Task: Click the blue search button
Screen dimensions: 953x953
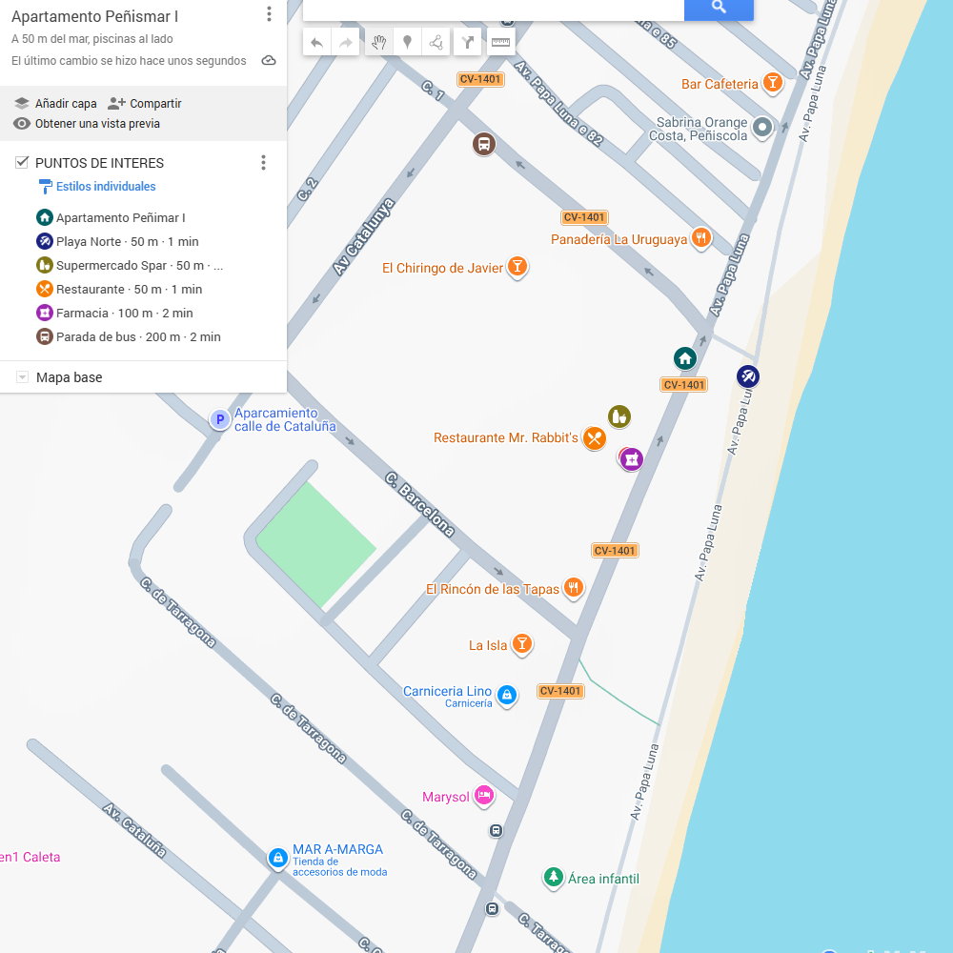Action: click(x=719, y=8)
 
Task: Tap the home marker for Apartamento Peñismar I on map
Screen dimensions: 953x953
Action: click(x=684, y=358)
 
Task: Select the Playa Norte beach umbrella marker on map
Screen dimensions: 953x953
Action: click(x=748, y=376)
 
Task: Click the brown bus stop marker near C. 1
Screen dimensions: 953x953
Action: click(x=484, y=145)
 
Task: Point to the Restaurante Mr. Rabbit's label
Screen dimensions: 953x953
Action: click(x=506, y=438)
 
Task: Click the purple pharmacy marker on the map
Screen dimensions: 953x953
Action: click(x=631, y=459)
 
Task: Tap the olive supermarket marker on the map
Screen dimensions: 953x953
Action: click(x=619, y=416)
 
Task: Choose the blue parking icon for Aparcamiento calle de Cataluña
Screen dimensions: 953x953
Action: click(x=220, y=419)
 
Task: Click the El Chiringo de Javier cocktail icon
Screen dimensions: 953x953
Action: click(x=517, y=267)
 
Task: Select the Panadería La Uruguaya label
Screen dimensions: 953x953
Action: click(x=618, y=240)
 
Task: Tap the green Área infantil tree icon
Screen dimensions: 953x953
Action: click(x=553, y=878)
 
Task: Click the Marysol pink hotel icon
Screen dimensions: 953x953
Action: click(x=484, y=796)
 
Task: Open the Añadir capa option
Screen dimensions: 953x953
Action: click(x=56, y=104)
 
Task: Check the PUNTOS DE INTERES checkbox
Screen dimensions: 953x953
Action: click(x=22, y=163)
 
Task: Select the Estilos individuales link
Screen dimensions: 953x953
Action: click(x=105, y=187)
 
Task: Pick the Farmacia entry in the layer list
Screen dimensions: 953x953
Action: click(x=124, y=314)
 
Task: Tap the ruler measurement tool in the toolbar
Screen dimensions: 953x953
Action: click(x=500, y=42)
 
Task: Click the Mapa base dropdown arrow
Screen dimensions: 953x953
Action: click(x=22, y=378)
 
